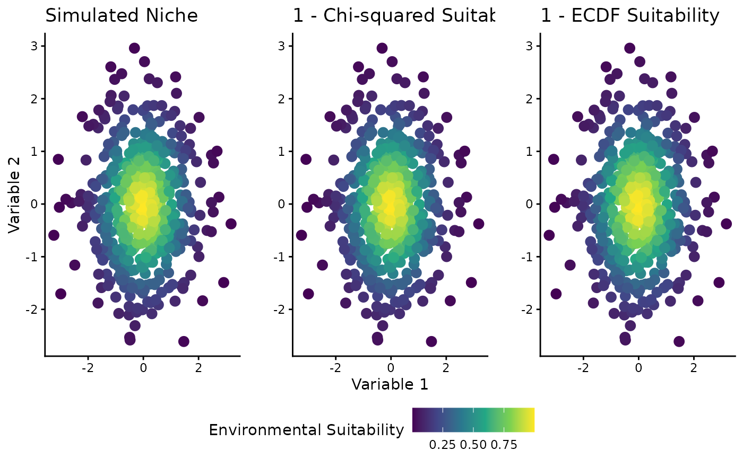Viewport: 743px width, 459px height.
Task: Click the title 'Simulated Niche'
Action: (122, 16)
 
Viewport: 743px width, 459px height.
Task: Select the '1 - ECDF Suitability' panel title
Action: (630, 16)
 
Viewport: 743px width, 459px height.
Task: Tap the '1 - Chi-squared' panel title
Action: (393, 16)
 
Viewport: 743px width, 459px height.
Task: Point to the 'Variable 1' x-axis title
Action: (390, 384)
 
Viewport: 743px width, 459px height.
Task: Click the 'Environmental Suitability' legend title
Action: (306, 430)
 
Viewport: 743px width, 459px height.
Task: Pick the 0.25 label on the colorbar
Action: (442, 445)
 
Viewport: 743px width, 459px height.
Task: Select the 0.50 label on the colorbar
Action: (473, 445)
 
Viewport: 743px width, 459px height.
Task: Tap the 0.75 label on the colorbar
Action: (504, 445)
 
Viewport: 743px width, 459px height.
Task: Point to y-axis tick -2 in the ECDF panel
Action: (529, 309)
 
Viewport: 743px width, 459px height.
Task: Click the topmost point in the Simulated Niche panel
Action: (134, 48)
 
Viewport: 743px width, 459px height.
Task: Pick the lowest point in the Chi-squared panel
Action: (431, 341)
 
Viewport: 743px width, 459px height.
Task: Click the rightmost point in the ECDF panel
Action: (726, 224)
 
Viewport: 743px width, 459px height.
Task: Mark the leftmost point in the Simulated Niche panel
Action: (54, 235)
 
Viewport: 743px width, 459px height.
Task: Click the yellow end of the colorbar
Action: (531, 420)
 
